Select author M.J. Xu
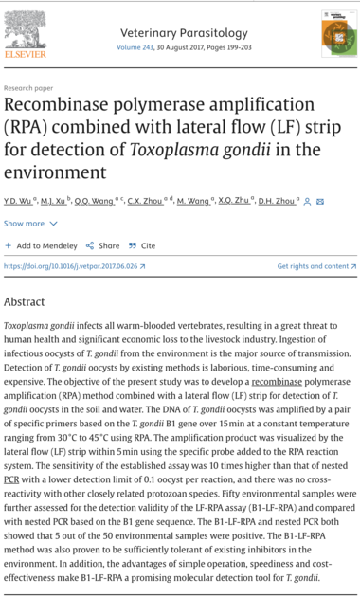click(54, 201)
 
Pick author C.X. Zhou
click(143, 201)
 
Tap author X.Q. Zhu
click(234, 201)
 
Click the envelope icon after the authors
click(320, 201)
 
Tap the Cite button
click(142, 245)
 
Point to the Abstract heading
click(24, 301)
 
